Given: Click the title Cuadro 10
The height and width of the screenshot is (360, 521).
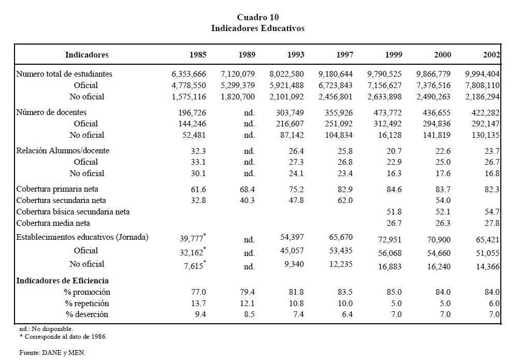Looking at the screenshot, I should tap(257, 18).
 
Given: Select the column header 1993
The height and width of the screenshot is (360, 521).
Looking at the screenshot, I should tap(296, 54).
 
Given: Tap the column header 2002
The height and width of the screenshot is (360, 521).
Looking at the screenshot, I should tap(490, 54).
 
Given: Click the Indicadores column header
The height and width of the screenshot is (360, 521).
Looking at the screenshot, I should tap(87, 54).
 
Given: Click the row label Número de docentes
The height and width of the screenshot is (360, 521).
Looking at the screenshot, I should tap(51, 112).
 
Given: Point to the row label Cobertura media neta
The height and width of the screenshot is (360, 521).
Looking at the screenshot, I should tap(53, 223).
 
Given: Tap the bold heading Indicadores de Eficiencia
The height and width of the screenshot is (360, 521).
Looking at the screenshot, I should tap(62, 281).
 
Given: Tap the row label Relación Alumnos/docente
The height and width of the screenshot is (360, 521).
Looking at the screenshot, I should tap(63, 151).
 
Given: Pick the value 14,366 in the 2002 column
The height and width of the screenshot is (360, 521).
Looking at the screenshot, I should tap(487, 266).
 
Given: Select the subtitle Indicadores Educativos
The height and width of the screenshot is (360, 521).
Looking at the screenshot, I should tap(257, 28).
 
